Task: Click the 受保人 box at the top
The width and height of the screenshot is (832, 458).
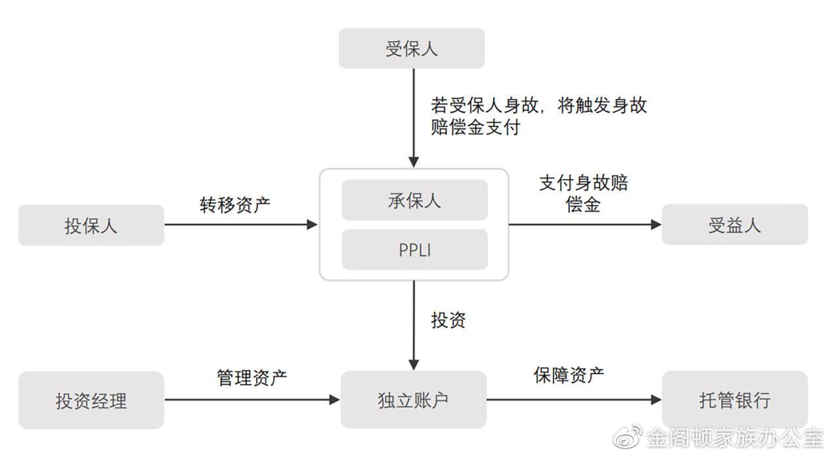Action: pos(411,49)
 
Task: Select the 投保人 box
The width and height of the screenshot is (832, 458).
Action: pos(91,225)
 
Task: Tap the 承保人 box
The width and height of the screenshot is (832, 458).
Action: pos(414,200)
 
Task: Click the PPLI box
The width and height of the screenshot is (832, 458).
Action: pos(414,250)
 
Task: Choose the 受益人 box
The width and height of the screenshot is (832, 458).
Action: pos(734,225)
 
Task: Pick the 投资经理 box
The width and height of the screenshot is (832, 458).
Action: pos(91,400)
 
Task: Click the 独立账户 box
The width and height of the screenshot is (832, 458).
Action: pos(413,400)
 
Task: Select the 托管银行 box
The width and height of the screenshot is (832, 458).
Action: pos(734,400)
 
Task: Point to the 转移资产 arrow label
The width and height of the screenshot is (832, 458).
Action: pos(234,204)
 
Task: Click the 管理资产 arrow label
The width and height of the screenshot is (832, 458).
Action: pos(252,377)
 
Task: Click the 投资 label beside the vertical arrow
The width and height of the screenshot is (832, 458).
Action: pos(448,320)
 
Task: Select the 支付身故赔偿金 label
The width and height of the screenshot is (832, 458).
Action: pos(583,193)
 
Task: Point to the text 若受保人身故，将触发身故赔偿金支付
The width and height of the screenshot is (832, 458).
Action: pos(538,115)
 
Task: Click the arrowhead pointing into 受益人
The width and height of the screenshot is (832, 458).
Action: pos(655,224)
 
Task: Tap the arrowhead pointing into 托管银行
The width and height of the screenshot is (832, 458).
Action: pos(655,400)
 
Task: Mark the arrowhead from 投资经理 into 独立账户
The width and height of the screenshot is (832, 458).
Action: pos(334,400)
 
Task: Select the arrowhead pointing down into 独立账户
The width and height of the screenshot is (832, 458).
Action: pos(414,364)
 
